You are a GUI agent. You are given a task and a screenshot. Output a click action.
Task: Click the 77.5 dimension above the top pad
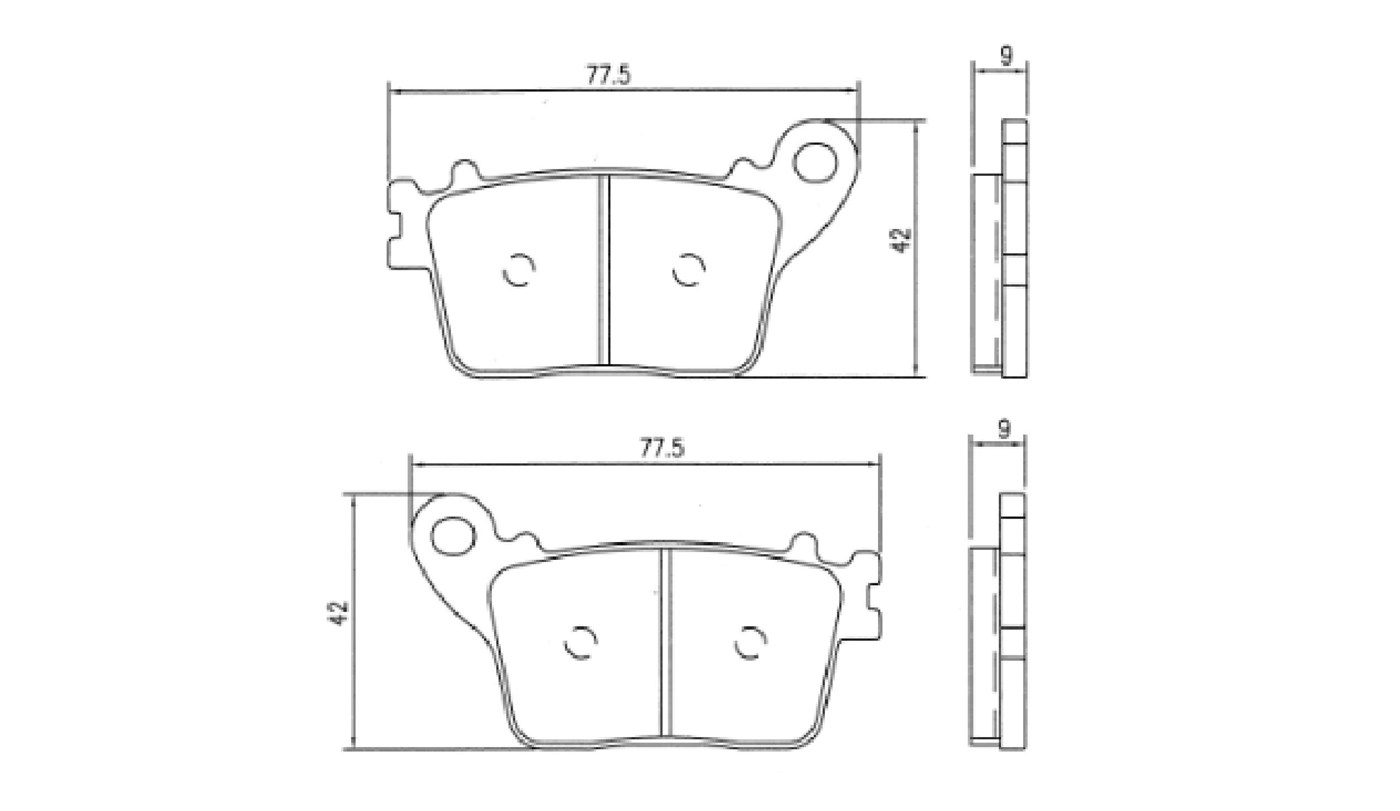coord(609,75)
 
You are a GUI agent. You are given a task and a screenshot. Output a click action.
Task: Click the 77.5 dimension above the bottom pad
coord(662,449)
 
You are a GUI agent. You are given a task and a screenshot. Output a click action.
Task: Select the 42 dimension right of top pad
coord(901,240)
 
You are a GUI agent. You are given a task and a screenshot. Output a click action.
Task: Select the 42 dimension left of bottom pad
coord(339,613)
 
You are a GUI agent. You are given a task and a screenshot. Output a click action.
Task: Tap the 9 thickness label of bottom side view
coord(1004,430)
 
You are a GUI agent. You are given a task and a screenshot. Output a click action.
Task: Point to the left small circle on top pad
coord(518,270)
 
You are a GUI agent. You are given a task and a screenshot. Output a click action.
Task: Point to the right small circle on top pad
coord(688,270)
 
